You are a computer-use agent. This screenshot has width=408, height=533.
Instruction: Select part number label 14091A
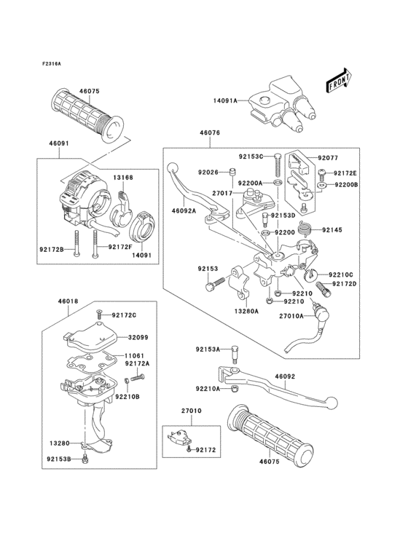pyautogui.click(x=225, y=102)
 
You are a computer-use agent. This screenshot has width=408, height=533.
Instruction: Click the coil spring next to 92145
pyautogui.click(x=310, y=229)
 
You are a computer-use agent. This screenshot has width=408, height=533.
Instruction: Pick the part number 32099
pyautogui.click(x=138, y=337)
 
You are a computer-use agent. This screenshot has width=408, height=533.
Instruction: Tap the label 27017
pyautogui.click(x=222, y=193)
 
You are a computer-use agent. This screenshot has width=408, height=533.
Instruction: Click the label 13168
pyautogui.click(x=122, y=177)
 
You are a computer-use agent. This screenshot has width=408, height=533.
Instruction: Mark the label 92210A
pyautogui.click(x=208, y=389)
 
